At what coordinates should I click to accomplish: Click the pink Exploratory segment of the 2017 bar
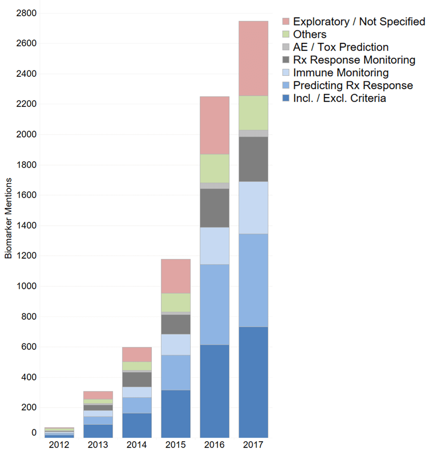pos(253,59)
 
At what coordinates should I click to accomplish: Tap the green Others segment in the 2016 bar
pos(214,169)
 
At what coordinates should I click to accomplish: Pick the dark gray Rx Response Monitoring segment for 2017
pos(253,159)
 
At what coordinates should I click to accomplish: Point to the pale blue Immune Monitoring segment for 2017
pos(253,208)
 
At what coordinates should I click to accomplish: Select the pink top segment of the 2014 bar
pos(137,354)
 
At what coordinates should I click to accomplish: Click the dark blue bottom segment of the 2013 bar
pos(98,431)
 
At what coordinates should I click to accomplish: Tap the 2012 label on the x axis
pos(59,444)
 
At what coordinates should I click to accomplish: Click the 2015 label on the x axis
pos(176,444)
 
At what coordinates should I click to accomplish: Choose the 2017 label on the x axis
pos(253,444)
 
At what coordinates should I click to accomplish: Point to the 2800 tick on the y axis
pos(26,13)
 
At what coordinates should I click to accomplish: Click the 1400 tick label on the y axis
pos(26,226)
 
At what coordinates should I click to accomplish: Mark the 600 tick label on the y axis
pos(29,347)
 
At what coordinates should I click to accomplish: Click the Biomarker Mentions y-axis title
pos(8,222)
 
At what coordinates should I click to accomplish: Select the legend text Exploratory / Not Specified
pos(358,22)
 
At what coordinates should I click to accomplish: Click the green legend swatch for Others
pos(286,35)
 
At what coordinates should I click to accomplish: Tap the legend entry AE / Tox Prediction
pos(340,47)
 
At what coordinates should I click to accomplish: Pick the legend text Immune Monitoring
pos(340,73)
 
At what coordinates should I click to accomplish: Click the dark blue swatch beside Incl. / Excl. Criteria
pos(286,99)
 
